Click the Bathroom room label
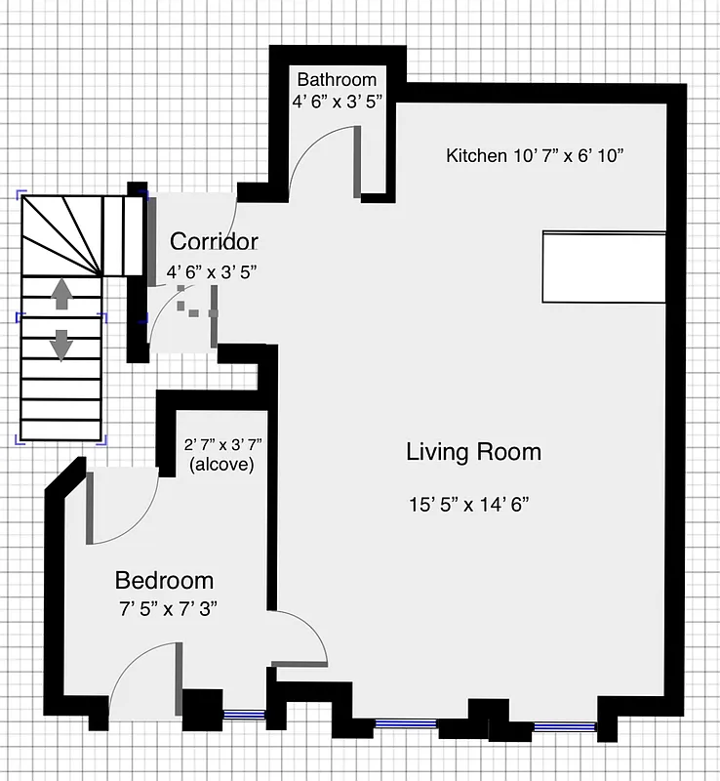tap(337, 79)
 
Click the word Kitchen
tap(476, 155)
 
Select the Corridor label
tap(214, 241)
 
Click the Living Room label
tap(473, 452)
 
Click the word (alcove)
tap(221, 465)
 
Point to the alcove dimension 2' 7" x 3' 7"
tap(223, 445)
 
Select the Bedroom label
tap(164, 581)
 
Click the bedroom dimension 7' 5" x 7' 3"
tap(166, 607)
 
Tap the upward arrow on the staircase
tap(60, 294)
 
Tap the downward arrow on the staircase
tap(60, 344)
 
